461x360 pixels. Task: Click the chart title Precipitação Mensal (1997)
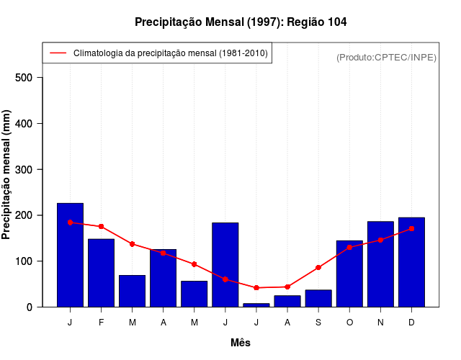(241, 22)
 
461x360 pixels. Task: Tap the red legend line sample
(58, 53)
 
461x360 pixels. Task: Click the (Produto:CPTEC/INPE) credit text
(386, 57)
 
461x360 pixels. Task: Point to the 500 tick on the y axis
(30, 78)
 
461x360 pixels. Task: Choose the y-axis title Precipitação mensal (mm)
(7, 174)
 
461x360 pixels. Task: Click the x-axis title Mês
(241, 343)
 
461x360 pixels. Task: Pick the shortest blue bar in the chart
(256, 305)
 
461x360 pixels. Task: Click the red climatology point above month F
(101, 227)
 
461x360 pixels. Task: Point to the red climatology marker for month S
(318, 268)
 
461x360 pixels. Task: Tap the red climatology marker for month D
(411, 229)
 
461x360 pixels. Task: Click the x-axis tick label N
(380, 323)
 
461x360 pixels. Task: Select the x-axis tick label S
(318, 323)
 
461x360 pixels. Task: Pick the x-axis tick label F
(101, 323)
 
